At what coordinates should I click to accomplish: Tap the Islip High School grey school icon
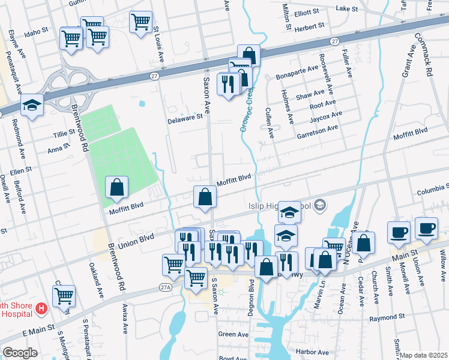320,206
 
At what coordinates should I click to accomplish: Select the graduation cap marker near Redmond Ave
31,106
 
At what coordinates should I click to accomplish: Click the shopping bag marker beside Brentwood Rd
116,188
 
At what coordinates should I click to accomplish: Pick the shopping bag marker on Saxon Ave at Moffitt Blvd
205,196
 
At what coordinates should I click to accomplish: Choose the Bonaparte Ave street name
297,73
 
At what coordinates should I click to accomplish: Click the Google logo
20,353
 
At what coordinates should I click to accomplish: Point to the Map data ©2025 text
424,355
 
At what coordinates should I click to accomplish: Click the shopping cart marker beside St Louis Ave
140,22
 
